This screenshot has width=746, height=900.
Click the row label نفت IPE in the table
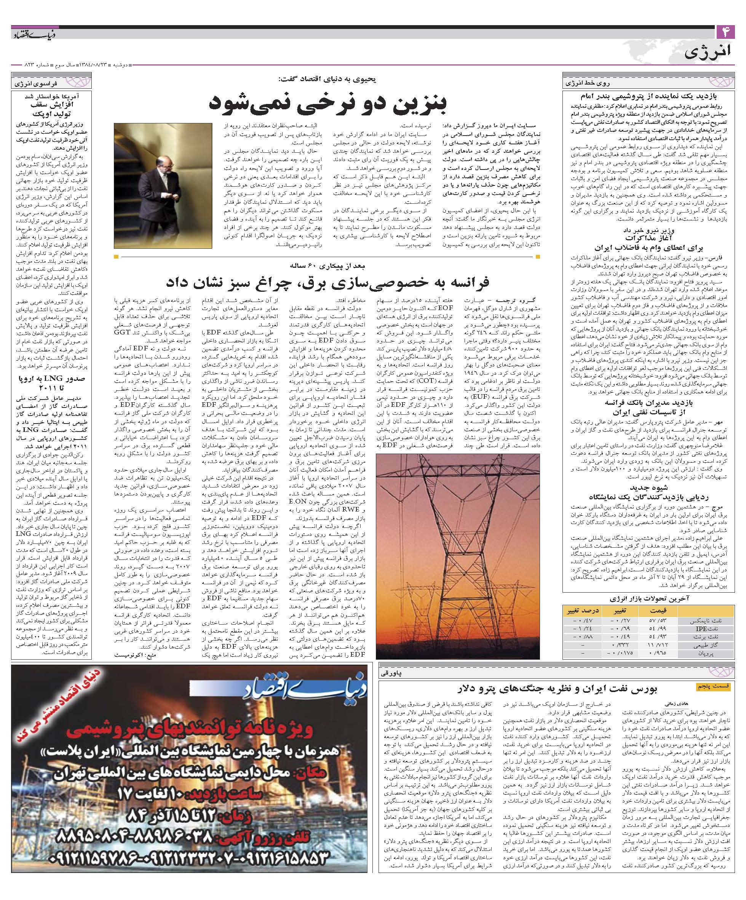click(714, 629)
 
